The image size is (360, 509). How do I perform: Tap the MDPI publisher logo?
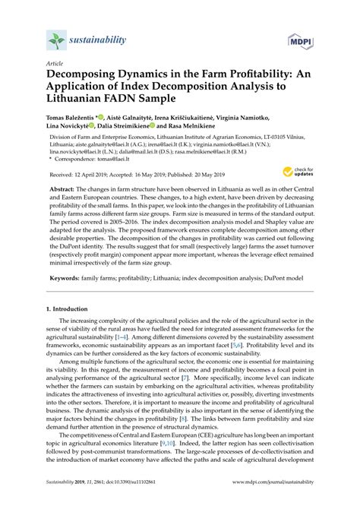point(300,40)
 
